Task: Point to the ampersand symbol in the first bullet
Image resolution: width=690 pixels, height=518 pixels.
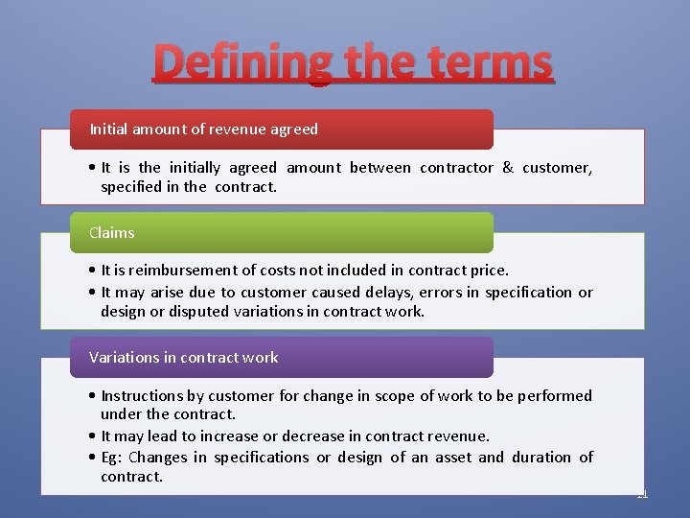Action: [x=508, y=168]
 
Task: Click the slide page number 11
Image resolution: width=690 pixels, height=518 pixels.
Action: [x=642, y=494]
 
